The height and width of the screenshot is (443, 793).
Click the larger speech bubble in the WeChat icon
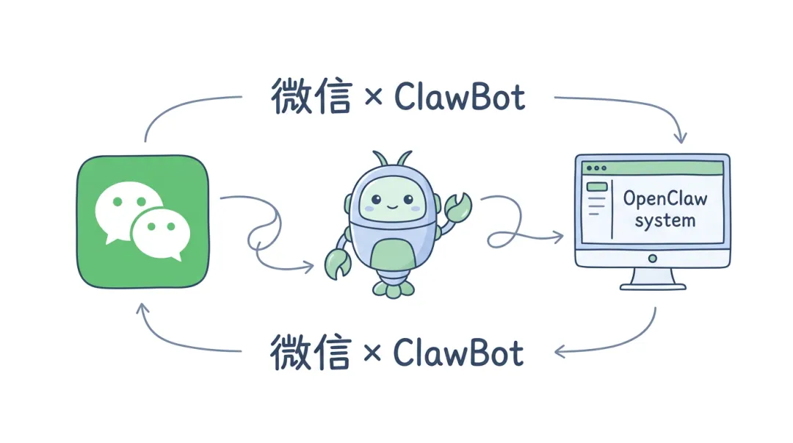click(127, 208)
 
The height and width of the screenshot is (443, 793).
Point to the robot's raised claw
click(457, 207)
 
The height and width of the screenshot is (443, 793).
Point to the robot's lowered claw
click(338, 264)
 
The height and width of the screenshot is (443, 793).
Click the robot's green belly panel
click(393, 257)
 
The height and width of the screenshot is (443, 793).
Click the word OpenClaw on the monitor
click(665, 198)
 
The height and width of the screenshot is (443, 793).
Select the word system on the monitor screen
click(665, 220)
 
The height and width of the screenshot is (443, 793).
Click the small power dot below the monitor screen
click(651, 258)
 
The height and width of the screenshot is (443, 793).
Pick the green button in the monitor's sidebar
click(596, 187)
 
